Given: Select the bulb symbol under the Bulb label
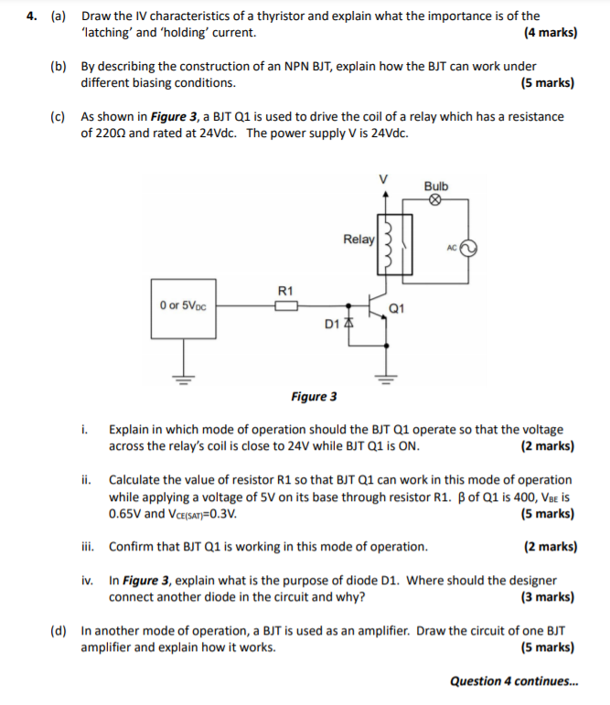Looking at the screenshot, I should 436,202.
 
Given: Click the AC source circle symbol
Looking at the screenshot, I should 467,248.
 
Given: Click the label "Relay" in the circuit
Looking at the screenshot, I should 359,240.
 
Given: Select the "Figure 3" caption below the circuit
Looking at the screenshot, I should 314,397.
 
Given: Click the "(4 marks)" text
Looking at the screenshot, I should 550,33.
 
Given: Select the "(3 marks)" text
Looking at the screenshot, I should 548,598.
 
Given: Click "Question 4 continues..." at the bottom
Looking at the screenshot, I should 514,681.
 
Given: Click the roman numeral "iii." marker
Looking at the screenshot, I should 88,547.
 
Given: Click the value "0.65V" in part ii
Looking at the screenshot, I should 125,513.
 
